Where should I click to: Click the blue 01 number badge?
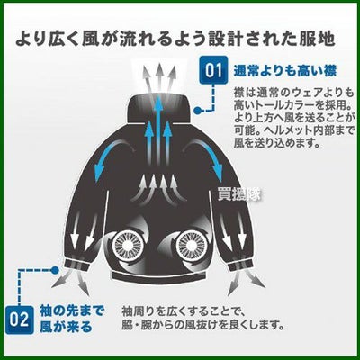point(213,71)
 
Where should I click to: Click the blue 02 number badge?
point(19,319)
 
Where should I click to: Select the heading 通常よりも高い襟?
point(284,72)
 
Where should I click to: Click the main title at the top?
point(175,39)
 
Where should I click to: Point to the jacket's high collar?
point(159,108)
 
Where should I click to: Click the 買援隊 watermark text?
point(239,194)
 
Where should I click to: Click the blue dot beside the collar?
point(197,111)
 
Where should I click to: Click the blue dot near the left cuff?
point(54,270)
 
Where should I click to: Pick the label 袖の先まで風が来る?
point(72,319)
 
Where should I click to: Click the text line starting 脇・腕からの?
point(203,325)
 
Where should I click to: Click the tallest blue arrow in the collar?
point(158,123)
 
